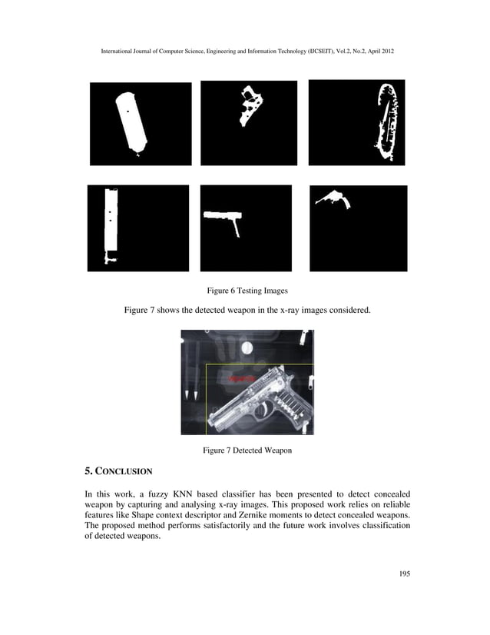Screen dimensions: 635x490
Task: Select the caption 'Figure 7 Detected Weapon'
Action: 247,450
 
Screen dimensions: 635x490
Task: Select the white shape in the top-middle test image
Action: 250,107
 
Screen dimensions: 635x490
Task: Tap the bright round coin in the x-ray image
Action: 247,349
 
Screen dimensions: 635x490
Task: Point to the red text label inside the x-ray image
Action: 240,379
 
